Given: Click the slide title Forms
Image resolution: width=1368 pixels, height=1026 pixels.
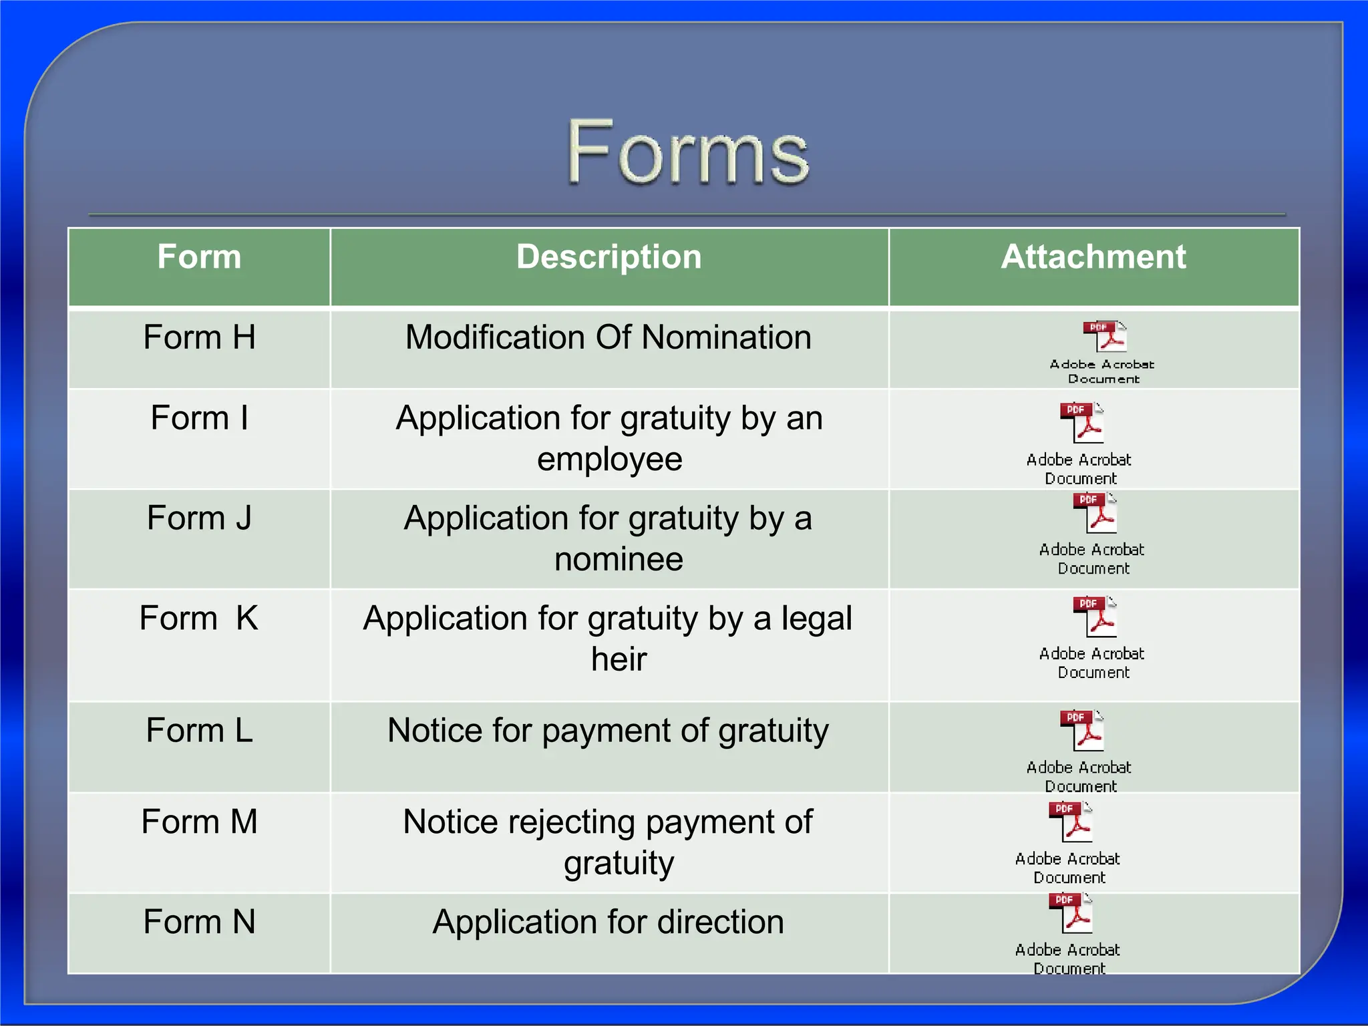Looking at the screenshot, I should [x=687, y=152].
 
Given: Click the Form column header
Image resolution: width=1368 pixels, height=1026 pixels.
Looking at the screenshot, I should [x=199, y=257].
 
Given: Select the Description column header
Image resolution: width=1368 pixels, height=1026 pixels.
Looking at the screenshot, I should [x=609, y=257].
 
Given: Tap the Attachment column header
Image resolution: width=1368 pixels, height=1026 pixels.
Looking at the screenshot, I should [x=1093, y=257].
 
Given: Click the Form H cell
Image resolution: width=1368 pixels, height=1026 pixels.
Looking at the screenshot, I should [x=199, y=337].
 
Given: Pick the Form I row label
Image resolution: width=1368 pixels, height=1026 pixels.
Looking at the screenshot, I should [x=199, y=418].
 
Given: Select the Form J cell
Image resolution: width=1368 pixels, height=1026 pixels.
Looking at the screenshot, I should [x=199, y=518].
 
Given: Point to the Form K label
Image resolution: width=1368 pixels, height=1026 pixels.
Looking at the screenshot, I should [x=199, y=619].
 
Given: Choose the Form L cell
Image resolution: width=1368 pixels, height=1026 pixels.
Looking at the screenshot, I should [x=199, y=731].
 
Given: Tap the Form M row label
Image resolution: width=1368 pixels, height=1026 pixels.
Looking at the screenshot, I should [x=199, y=822].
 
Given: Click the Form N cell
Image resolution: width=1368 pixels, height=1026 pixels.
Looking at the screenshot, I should [x=199, y=922].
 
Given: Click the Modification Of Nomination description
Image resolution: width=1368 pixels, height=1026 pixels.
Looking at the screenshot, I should [x=609, y=337].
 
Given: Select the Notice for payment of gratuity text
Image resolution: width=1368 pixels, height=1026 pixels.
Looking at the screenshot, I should [x=609, y=731].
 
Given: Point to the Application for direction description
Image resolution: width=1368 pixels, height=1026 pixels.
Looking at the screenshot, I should [x=609, y=922].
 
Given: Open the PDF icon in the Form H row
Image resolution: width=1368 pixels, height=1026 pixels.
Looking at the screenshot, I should [x=1105, y=336].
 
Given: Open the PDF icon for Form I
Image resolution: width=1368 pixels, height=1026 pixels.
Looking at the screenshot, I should [x=1082, y=422].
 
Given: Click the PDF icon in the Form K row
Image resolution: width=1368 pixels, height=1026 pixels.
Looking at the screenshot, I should [x=1095, y=616].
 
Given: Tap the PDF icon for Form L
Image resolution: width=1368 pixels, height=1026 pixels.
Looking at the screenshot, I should [x=1082, y=730].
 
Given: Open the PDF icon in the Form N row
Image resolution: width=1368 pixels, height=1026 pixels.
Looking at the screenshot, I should [x=1071, y=912].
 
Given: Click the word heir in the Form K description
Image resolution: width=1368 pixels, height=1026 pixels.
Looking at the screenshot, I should [x=619, y=659].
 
